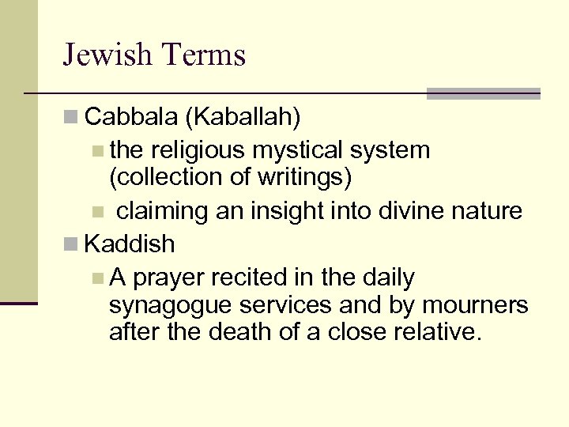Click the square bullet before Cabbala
tap(71, 118)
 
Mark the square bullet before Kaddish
tap(71, 244)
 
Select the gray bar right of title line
tap(484, 93)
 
